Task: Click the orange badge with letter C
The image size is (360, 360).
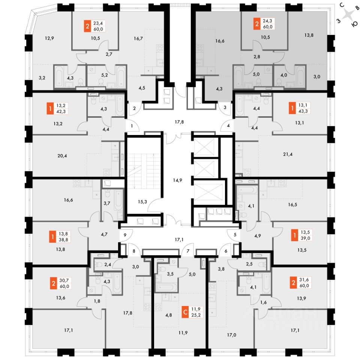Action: coord(185,312)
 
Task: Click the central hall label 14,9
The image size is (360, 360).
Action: coord(178,169)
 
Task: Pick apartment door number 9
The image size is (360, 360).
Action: coord(125,235)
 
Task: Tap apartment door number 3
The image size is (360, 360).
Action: coord(225,107)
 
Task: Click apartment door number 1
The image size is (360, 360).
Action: coord(132,126)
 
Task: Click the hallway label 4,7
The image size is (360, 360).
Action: coord(103,234)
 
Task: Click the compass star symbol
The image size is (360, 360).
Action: coord(349,15)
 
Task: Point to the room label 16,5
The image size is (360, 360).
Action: coord(293,205)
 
